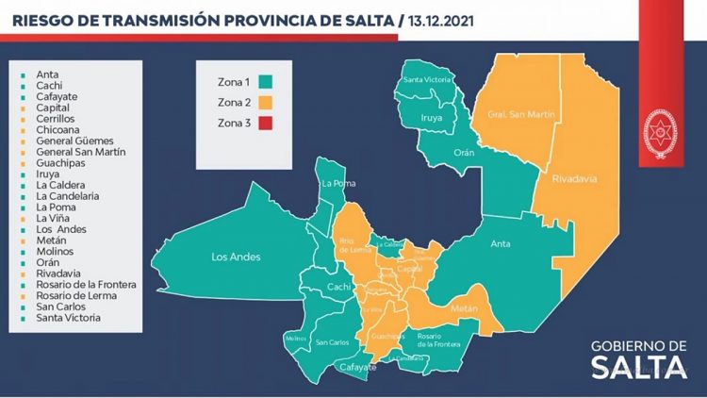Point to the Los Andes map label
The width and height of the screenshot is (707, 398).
coord(236,256)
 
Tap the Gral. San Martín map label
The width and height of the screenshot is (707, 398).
coord(519,115)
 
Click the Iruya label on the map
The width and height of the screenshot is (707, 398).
coord(433,118)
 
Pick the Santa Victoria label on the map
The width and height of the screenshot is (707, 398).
coord(425,79)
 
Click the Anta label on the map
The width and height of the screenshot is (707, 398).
coord(501,244)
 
